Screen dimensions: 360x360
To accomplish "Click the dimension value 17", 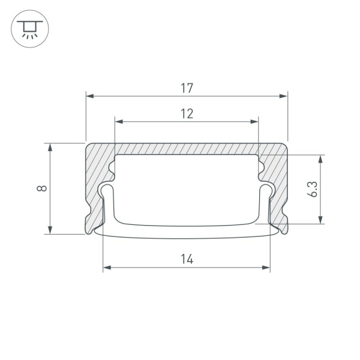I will coord(187,88).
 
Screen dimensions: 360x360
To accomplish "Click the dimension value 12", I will coord(187,113).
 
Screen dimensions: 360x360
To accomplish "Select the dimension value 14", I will coord(187,259).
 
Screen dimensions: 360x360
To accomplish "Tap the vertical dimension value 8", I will coord(41,188).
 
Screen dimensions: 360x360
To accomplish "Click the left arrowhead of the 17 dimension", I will coord(90,95).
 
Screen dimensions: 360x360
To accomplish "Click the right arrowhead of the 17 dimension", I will coord(284,95).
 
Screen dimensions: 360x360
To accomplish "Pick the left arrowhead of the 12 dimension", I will coord(118,121).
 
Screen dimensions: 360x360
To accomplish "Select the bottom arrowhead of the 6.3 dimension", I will coord(322,220).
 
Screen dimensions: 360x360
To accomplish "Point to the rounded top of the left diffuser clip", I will coord(107,187).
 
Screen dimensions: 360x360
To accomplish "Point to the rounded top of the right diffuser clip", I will coord(267,187).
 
